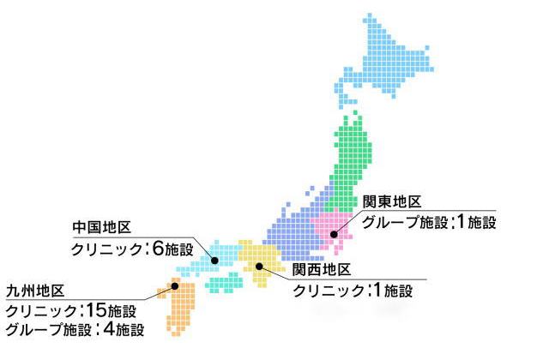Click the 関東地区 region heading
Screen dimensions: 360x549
click(391, 202)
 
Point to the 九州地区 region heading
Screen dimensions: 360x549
click(34, 291)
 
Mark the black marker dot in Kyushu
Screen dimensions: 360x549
click(174, 286)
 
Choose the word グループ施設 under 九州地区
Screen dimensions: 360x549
click(44, 329)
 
